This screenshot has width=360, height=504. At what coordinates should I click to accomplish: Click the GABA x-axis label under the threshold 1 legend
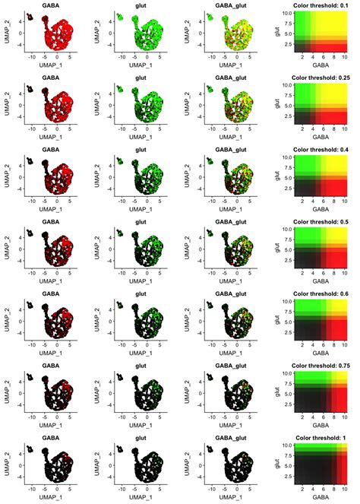(319, 498)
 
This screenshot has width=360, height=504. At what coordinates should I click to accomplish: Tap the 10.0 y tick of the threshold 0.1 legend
(285, 14)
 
